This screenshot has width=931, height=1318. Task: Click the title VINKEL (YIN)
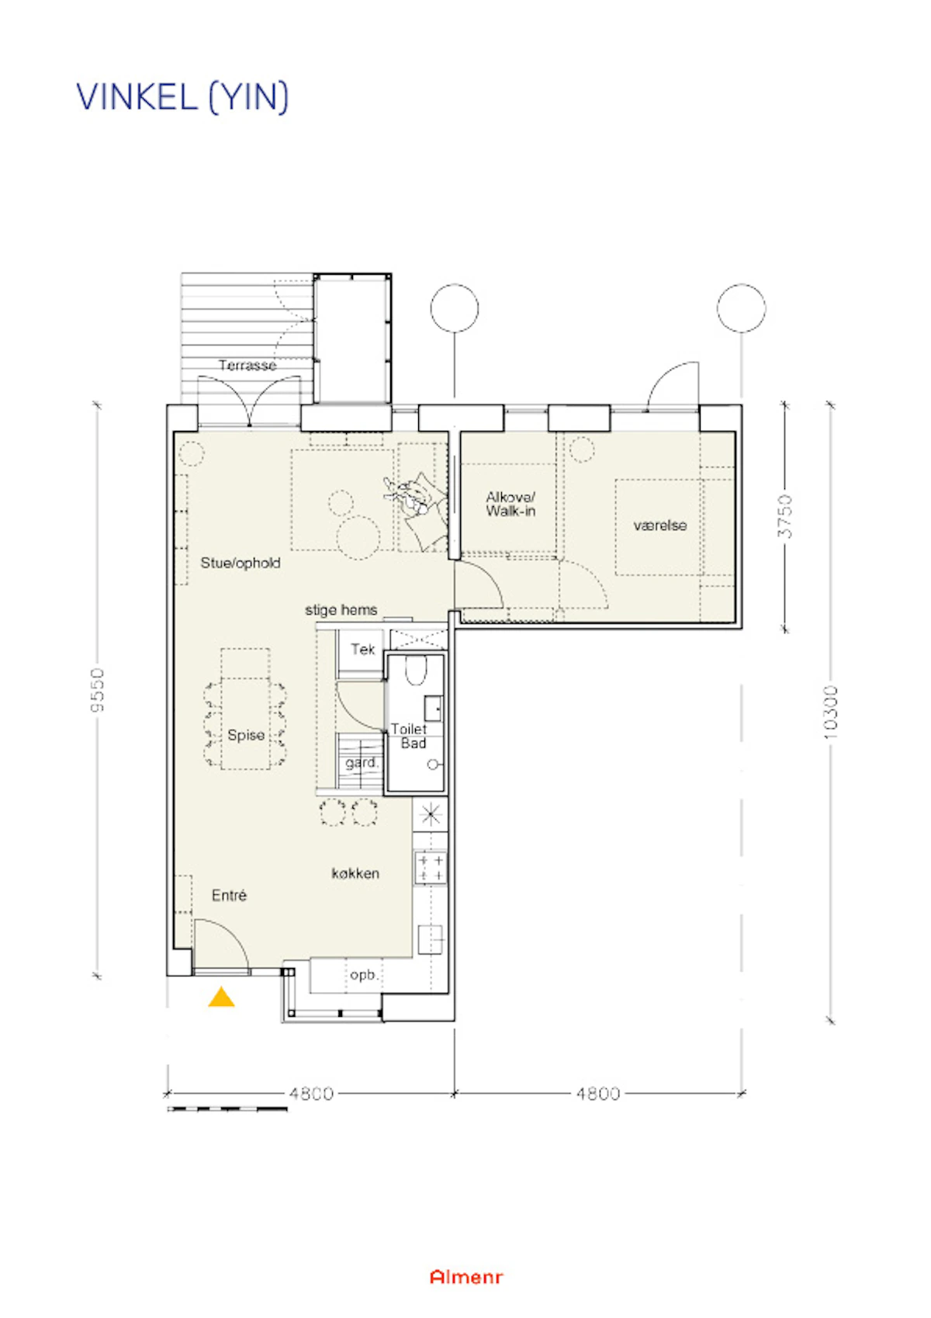pyautogui.click(x=182, y=97)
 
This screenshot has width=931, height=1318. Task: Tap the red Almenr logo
pyautogui.click(x=466, y=1277)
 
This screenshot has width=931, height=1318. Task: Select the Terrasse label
pyautogui.click(x=247, y=366)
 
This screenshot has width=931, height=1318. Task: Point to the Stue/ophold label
pyautogui.click(x=241, y=563)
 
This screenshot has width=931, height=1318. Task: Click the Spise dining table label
pyautogui.click(x=246, y=736)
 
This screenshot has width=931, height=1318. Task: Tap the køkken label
pyautogui.click(x=355, y=874)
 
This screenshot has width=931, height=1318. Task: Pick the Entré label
pyautogui.click(x=230, y=896)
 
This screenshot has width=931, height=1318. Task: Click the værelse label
pyautogui.click(x=660, y=525)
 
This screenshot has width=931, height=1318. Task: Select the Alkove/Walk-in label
pyautogui.click(x=510, y=505)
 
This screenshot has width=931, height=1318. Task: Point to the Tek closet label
pyautogui.click(x=363, y=649)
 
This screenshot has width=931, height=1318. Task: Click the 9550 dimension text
pyautogui.click(x=97, y=689)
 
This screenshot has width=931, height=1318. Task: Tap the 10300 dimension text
pyautogui.click(x=830, y=713)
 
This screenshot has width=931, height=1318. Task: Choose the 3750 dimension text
pyautogui.click(x=785, y=516)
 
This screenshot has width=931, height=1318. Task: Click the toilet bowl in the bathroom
pyautogui.click(x=416, y=670)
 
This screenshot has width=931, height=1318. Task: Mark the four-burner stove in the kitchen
pyautogui.click(x=431, y=868)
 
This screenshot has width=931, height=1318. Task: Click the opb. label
pyautogui.click(x=363, y=975)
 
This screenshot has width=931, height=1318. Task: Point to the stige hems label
pyautogui.click(x=341, y=610)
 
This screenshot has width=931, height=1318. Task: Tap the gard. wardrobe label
pyautogui.click(x=362, y=763)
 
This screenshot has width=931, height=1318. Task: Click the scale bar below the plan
pyautogui.click(x=227, y=1109)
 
